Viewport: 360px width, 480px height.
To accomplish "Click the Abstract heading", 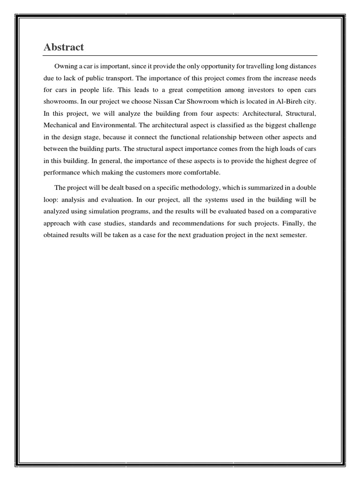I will tap(64, 47).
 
